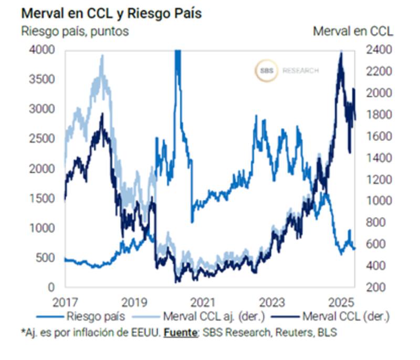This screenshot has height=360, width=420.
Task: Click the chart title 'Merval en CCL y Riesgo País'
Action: click(111, 13)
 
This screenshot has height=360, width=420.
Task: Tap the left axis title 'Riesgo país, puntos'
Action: click(75, 31)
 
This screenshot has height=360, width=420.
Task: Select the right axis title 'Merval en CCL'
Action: click(353, 31)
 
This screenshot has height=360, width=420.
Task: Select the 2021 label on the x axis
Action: click(203, 303)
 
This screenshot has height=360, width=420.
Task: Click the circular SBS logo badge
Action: click(266, 70)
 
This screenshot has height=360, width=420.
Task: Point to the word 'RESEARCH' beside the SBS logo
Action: click(300, 71)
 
